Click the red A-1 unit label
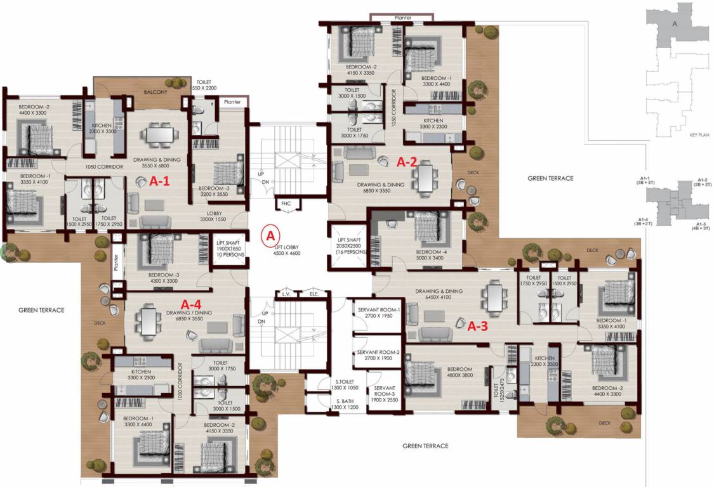(x=159, y=181)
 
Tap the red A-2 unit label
(x=406, y=162)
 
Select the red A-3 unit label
(x=478, y=327)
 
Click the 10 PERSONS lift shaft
(x=227, y=247)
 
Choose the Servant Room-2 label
(x=378, y=355)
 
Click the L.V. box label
(x=286, y=295)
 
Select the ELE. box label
(x=313, y=295)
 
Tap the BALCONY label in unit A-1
(x=155, y=92)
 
